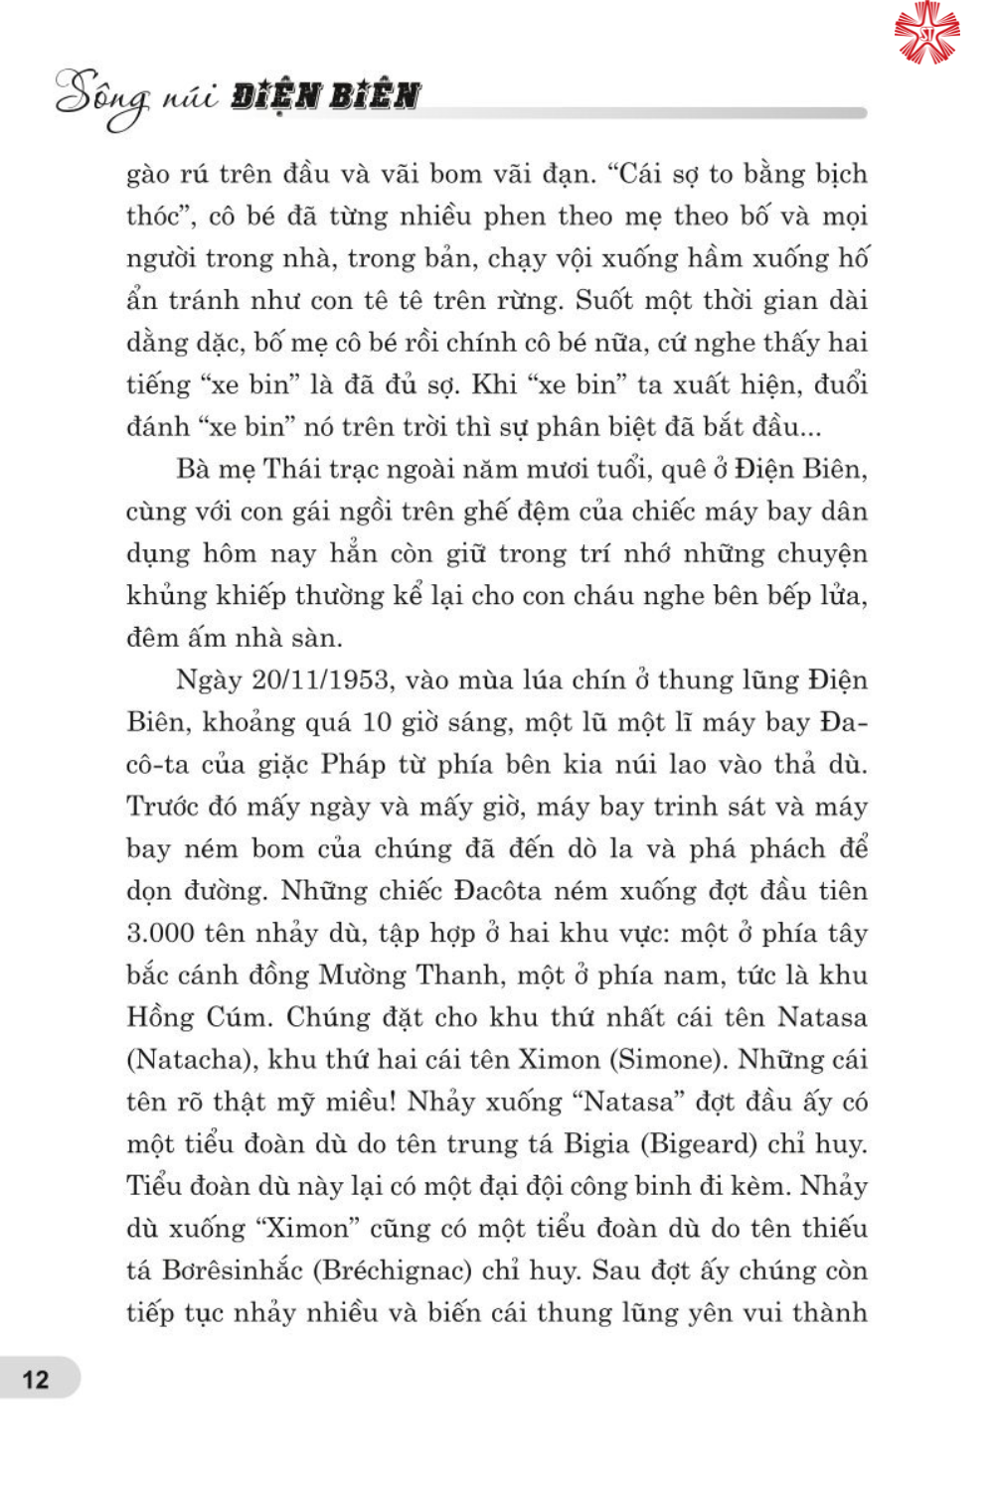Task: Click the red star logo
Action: tap(926, 33)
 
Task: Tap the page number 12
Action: tap(36, 1379)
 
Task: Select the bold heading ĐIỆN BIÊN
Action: tap(325, 96)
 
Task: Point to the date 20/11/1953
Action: tap(320, 680)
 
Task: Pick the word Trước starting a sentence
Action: tap(162, 807)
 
